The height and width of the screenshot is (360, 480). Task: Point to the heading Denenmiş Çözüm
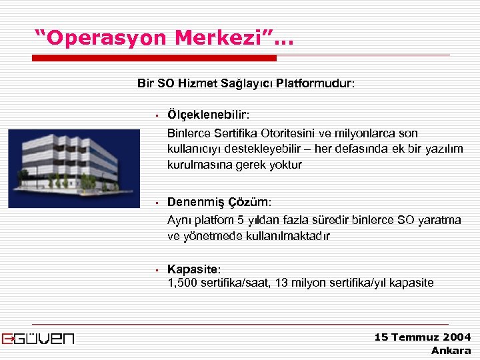219,202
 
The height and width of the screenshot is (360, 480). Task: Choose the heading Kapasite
193,269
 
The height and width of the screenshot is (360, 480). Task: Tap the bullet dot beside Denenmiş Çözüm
154,203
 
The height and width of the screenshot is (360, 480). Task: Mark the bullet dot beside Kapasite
154,270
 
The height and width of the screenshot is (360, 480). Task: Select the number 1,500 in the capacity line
182,283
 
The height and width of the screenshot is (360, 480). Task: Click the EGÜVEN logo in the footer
39,338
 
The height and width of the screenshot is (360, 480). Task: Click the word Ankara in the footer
451,350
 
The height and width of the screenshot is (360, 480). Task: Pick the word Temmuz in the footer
415,337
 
